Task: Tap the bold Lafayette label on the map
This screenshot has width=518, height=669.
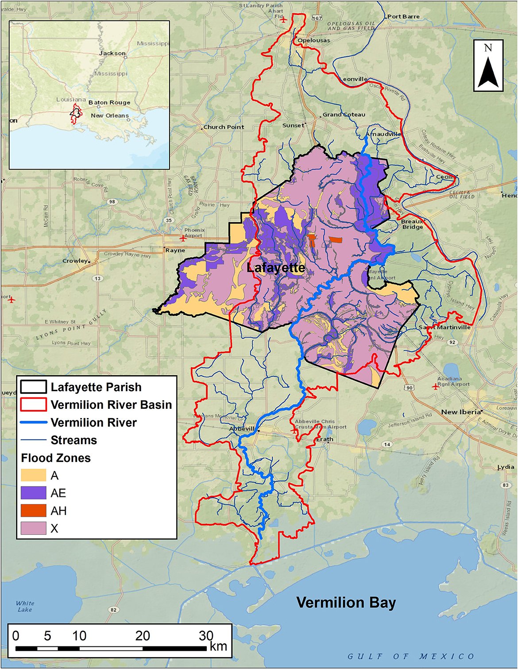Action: tap(275, 268)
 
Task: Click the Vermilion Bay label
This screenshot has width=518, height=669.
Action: tap(346, 603)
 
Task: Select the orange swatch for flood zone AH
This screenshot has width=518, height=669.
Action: tap(33, 511)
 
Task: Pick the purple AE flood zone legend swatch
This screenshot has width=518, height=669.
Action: tap(33, 493)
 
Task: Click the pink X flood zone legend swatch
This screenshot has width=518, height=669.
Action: tap(33, 528)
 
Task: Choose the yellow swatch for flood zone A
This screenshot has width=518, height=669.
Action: tap(33, 475)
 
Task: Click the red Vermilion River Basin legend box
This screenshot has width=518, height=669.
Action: tap(33, 404)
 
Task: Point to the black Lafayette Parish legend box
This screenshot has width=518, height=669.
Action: tap(33, 387)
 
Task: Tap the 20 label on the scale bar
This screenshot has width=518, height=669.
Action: tap(142, 636)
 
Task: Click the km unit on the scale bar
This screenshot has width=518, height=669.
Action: tap(218, 646)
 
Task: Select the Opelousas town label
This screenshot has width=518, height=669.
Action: tap(314, 40)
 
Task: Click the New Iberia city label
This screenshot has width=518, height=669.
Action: tap(460, 412)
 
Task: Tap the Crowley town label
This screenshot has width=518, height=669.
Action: tap(75, 261)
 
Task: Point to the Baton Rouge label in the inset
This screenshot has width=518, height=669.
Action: tap(109, 102)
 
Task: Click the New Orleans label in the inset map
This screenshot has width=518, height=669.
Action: tap(110, 115)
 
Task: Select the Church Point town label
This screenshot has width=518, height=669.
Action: tap(224, 127)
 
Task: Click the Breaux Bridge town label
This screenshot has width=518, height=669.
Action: tap(412, 224)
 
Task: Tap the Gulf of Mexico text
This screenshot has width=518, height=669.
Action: tap(410, 656)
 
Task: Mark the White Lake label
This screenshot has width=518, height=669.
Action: tap(25, 606)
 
